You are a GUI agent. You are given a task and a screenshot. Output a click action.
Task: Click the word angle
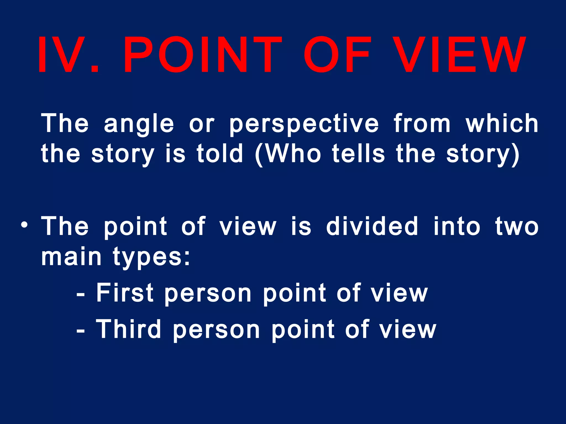tap(139, 124)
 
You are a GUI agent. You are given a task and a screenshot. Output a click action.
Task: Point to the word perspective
tap(304, 124)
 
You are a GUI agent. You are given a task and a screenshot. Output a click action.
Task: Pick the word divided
tap(372, 226)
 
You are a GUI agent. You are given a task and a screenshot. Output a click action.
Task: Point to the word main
tap(71, 257)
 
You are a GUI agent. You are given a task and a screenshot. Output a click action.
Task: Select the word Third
tap(129, 329)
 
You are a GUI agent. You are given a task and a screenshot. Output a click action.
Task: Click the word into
tap(457, 226)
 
